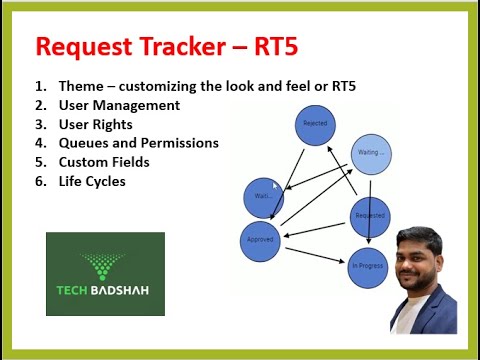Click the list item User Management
119,105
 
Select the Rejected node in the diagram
314,125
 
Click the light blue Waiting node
369,154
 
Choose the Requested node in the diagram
369,216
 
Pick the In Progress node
367,267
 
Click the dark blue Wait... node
264,197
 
